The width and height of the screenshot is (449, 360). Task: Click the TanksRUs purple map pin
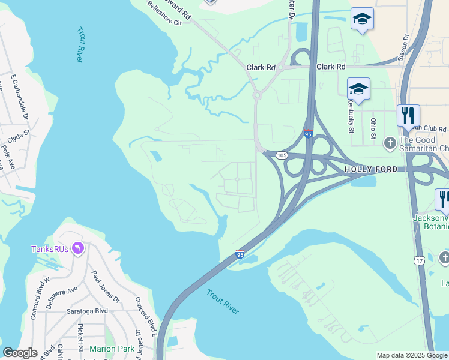click(77, 248)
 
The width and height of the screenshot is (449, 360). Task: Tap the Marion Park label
click(112, 349)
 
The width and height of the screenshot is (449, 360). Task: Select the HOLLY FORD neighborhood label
click(370, 170)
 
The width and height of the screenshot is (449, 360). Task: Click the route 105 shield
click(282, 155)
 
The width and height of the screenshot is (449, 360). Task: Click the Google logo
click(20, 353)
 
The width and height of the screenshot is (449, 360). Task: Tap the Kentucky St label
click(351, 114)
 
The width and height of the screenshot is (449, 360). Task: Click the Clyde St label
click(19, 131)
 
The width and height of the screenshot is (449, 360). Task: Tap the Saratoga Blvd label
click(88, 311)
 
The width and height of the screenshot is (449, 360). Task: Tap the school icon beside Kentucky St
click(358, 89)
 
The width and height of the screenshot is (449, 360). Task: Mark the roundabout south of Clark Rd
click(257, 95)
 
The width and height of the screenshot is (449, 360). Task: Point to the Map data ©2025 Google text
click(412, 355)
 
